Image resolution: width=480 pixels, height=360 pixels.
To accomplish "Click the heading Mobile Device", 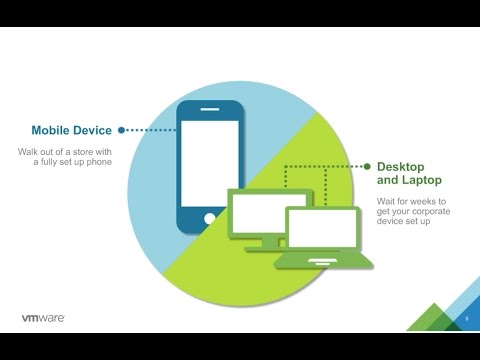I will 73,130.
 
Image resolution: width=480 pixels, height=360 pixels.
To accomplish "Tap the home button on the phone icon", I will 208,216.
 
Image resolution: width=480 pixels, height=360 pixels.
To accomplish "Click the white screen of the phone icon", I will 209,163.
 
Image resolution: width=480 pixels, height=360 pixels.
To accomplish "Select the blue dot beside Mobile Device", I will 122,130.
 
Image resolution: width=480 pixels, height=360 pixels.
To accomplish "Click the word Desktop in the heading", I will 399,166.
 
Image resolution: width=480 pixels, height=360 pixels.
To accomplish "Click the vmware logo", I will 44,318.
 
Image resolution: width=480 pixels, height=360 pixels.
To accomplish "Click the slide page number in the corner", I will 467,319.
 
